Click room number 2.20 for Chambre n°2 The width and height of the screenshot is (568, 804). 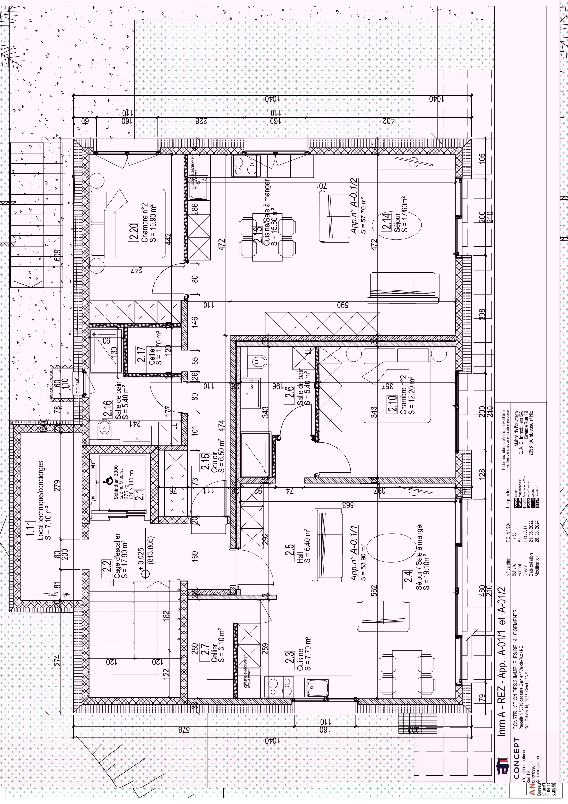(133, 232)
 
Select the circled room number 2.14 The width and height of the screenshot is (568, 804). (386, 221)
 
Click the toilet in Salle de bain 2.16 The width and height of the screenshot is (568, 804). (104, 428)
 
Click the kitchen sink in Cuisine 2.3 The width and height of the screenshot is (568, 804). (317, 687)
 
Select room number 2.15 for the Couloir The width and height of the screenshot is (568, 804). (205, 462)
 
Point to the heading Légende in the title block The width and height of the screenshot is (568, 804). (508, 499)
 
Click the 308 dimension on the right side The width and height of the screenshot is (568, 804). (482, 314)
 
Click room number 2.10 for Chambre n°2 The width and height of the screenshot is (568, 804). (392, 403)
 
